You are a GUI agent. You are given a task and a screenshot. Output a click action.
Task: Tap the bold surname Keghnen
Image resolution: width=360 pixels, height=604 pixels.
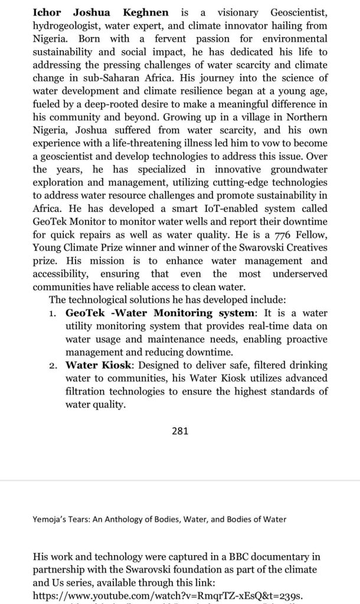[x=145, y=12]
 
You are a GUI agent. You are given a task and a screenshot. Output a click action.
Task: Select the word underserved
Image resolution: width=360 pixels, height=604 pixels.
[x=300, y=273]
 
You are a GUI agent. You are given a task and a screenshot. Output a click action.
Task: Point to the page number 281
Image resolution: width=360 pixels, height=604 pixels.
[x=179, y=431]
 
